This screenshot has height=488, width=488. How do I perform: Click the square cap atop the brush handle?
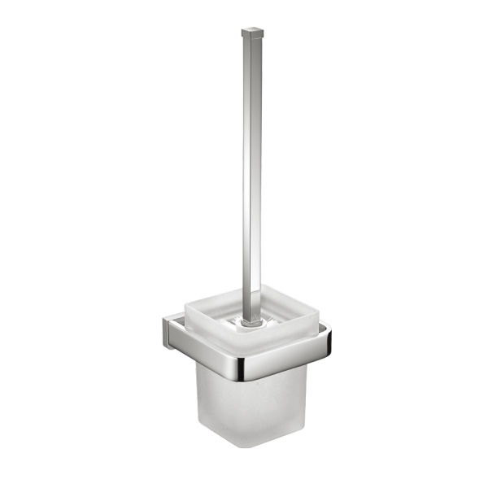253,35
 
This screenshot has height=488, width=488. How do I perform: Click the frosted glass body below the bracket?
244,407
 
